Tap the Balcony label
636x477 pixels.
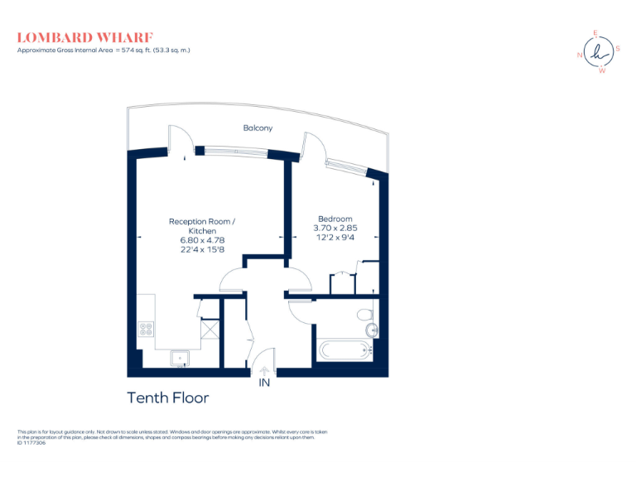(258, 128)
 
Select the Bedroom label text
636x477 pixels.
(335, 219)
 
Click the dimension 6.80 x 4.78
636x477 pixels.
(203, 240)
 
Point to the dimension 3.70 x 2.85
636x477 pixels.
(335, 229)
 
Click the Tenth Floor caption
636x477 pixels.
(167, 398)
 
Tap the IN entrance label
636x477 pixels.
(265, 383)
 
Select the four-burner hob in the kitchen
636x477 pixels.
(147, 329)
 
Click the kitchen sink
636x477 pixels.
(181, 359)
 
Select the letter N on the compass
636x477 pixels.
(580, 55)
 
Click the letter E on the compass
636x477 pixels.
(595, 34)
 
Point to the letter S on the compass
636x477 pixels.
(618, 49)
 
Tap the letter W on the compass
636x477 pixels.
(602, 70)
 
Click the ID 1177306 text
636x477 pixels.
(34, 443)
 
